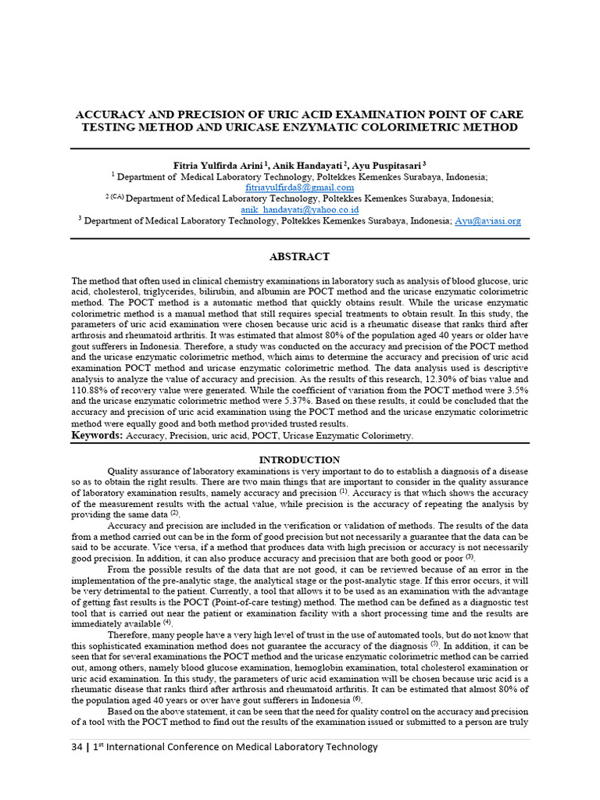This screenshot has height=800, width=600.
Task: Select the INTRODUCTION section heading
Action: pyautogui.click(x=299, y=460)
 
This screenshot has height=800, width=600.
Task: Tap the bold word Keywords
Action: pyautogui.click(x=97, y=435)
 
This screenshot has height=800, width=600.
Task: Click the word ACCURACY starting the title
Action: pyautogui.click(x=109, y=114)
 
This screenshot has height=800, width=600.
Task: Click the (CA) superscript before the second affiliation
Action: pyautogui.click(x=116, y=197)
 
